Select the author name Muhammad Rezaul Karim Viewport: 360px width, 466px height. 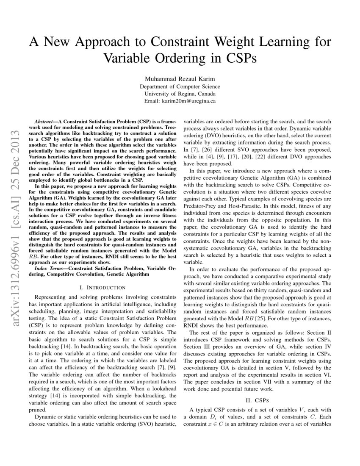coord(180,79)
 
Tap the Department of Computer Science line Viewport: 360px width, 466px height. coord(180,86)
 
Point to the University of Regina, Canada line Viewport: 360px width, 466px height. coord(180,94)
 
